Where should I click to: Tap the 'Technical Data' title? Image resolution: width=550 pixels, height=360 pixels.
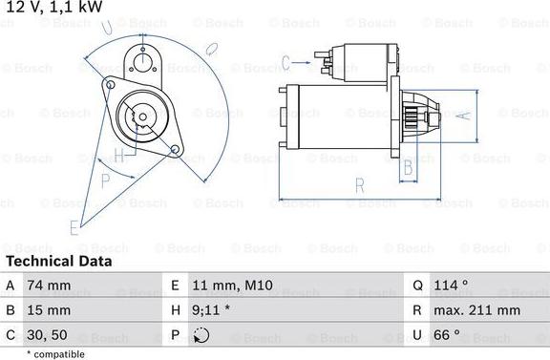58,261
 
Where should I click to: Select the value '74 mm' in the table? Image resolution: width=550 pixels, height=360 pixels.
49,285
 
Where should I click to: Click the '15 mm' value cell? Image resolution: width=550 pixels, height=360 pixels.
49,310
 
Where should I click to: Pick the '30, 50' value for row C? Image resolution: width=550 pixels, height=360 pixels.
48,335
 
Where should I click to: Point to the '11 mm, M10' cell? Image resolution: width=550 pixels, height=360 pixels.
229,285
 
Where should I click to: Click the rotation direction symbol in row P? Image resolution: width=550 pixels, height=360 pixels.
201,335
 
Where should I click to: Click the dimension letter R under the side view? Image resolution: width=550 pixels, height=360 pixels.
359,184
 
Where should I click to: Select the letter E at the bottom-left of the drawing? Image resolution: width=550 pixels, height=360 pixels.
73,226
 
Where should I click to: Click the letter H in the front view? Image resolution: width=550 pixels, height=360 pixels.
118,156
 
